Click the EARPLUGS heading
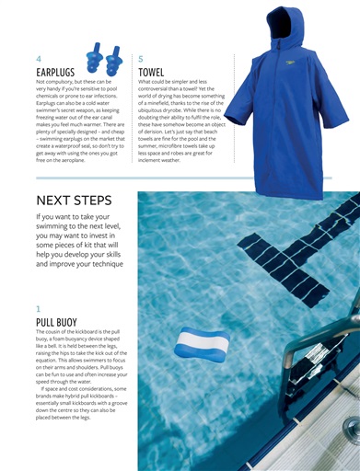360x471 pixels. pyautogui.click(x=56, y=70)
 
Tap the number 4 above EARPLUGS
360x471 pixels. pyautogui.click(x=38, y=57)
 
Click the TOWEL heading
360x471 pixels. pyautogui.click(x=151, y=70)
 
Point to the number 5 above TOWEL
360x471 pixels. pyautogui.click(x=140, y=57)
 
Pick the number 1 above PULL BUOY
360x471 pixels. pyautogui.click(x=38, y=309)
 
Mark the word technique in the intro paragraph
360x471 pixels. pyautogui.click(x=102, y=264)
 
